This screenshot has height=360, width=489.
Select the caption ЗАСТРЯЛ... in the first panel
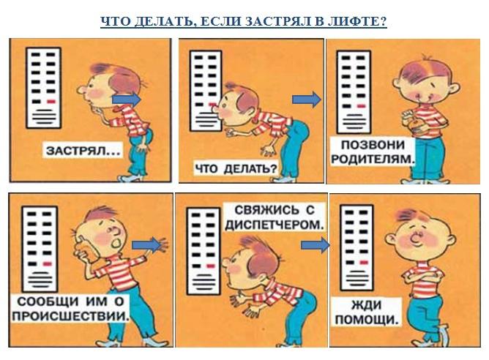pyautogui.click(x=83, y=151)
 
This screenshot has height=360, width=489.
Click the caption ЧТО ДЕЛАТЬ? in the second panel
pyautogui.click(x=236, y=168)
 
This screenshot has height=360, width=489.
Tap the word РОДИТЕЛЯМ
pyautogui.click(x=373, y=159)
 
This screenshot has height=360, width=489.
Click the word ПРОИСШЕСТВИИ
pyautogui.click(x=70, y=316)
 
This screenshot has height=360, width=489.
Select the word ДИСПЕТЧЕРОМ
pyautogui.click(x=274, y=225)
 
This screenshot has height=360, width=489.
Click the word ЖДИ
pyautogui.click(x=367, y=305)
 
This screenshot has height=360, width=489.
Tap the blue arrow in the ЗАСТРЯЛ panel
pyautogui.click(x=127, y=100)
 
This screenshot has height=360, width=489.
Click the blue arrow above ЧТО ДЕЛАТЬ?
pyautogui.click(x=306, y=100)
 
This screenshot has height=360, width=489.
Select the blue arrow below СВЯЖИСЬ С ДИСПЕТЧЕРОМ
pyautogui.click(x=315, y=245)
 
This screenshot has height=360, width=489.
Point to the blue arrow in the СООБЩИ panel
pyautogui.click(x=146, y=245)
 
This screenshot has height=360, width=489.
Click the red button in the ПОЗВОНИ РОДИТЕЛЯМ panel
pyautogui.click(x=361, y=106)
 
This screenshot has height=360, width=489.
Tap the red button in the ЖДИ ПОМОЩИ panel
pyautogui.click(x=364, y=263)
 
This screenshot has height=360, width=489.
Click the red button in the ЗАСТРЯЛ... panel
pyautogui.click(x=51, y=102)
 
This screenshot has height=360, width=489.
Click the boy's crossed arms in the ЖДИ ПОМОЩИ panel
pyautogui.click(x=422, y=275)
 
